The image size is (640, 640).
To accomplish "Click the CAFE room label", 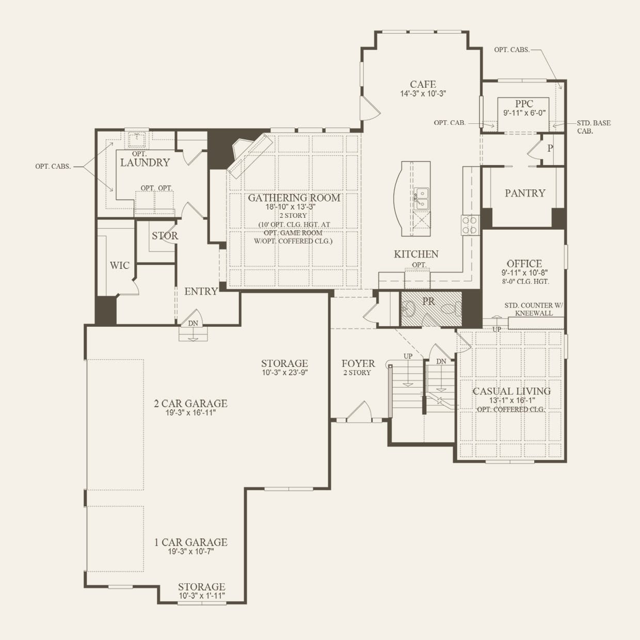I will (423, 84).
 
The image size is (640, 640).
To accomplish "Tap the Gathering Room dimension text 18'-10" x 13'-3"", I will (291, 206).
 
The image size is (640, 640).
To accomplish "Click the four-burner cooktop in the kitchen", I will (470, 226).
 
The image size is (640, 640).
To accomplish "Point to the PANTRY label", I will (525, 193).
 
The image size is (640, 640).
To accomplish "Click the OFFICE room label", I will (524, 263).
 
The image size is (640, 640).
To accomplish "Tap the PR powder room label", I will (428, 301).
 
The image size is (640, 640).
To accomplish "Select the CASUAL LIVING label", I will (511, 391).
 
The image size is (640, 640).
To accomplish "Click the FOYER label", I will (358, 363).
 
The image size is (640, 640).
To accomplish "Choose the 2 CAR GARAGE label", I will (190, 404).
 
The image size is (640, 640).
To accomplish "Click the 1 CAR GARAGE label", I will (190, 542).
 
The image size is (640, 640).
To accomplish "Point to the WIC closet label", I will (119, 265).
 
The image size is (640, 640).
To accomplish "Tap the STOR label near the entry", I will (165, 236).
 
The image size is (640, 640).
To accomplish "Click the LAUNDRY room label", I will (145, 163).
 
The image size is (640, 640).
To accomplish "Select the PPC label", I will (524, 104).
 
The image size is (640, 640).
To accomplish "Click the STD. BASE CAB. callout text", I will (593, 127).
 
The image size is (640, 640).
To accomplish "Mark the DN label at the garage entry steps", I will (193, 323).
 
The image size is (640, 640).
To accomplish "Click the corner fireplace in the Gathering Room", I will (251, 154).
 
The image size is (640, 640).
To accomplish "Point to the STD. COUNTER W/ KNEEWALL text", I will (534, 309).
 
